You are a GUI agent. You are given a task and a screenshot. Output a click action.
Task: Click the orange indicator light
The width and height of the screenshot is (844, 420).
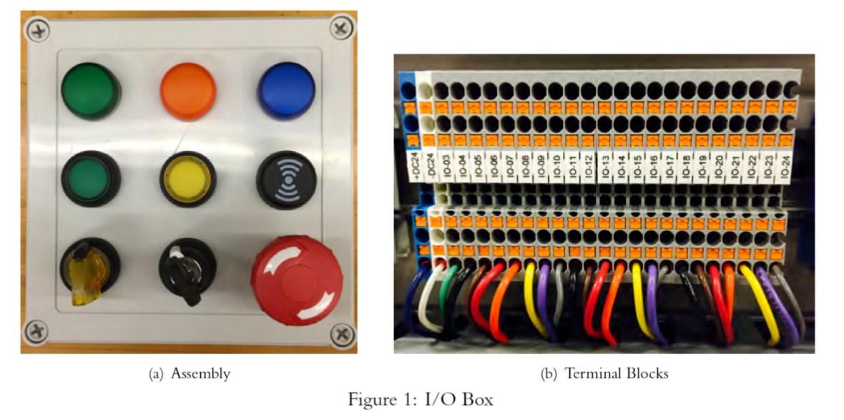(188, 90)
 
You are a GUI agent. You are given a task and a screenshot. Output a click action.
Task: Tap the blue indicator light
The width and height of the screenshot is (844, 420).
(286, 90)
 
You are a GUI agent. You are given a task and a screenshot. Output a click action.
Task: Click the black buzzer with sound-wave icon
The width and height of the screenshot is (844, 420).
(286, 179)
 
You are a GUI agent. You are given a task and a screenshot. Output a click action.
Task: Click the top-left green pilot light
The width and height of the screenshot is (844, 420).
(90, 91)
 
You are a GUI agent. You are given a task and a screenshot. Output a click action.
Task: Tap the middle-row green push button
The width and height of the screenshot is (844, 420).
(90, 179)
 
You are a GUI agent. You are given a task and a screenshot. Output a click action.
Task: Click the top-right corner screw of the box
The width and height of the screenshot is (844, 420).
(342, 29)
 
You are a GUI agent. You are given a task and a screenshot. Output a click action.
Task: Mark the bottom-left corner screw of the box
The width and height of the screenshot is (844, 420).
(35, 331)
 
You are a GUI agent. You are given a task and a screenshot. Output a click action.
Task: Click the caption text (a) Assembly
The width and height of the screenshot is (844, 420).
(189, 373)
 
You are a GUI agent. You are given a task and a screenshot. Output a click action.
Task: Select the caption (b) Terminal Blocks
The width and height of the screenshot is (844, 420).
(605, 373)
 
